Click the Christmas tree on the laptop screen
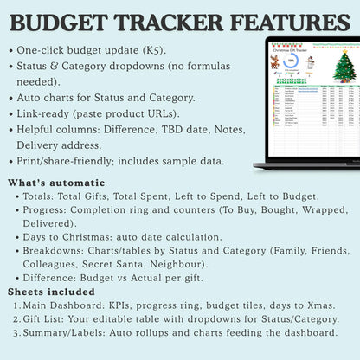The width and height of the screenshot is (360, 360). (344, 67)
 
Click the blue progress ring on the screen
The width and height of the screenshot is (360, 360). (292, 62)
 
